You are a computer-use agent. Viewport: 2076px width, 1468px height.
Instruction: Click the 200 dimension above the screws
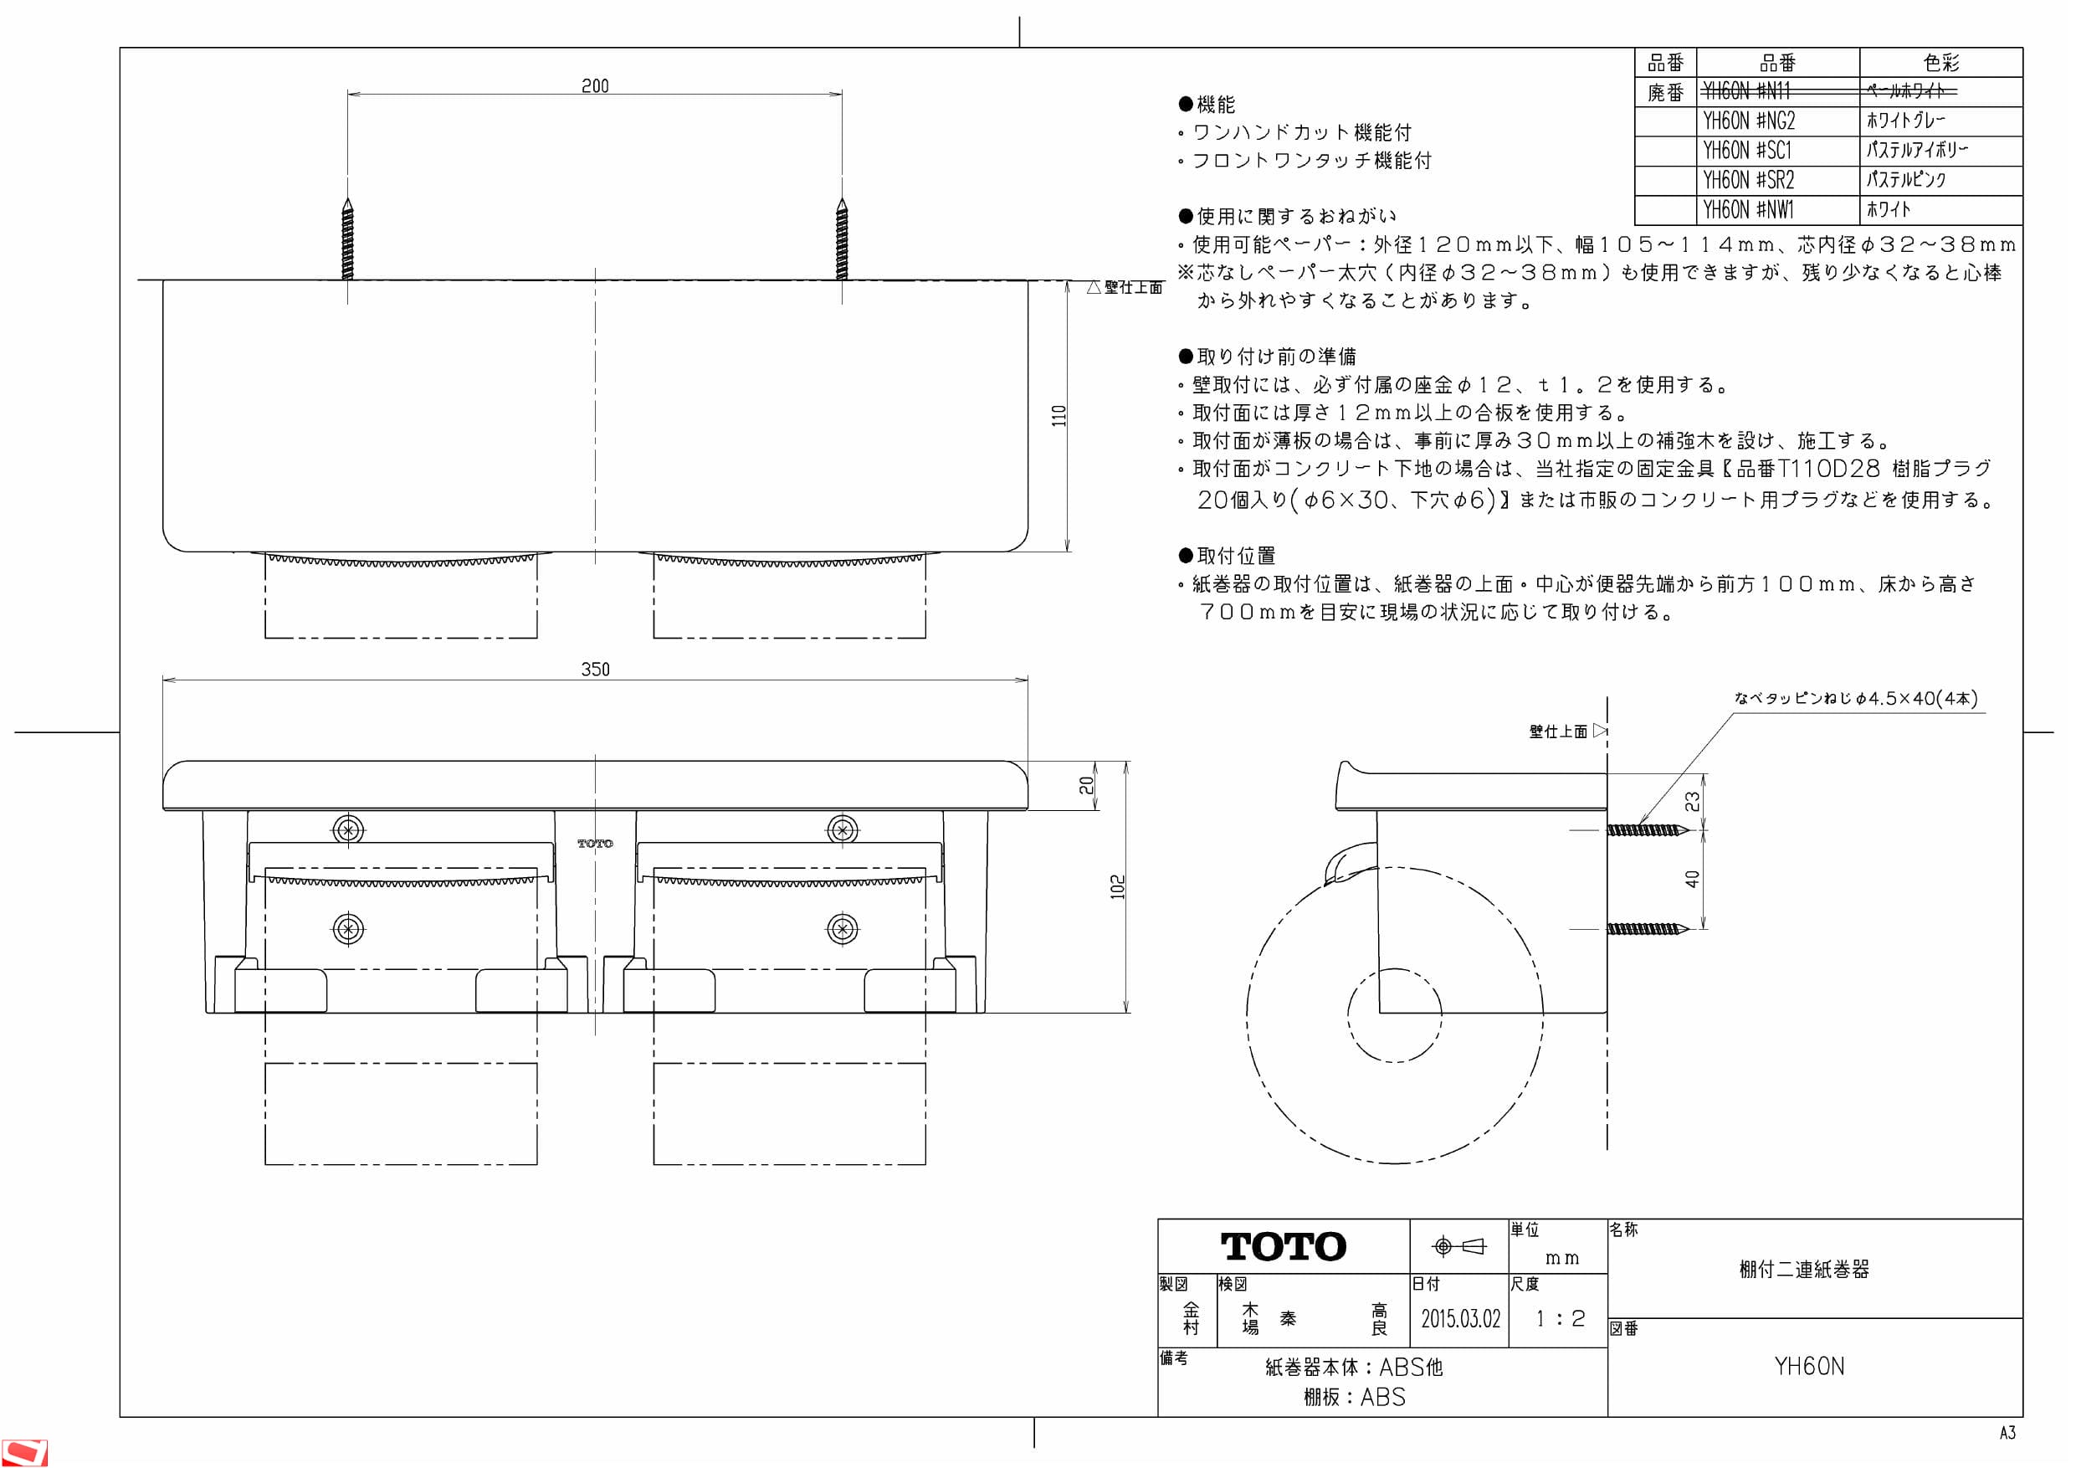pyautogui.click(x=595, y=86)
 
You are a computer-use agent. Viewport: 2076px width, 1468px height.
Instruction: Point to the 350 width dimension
pyautogui.click(x=595, y=670)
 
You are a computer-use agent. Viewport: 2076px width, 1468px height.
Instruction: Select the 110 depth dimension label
pyautogui.click(x=1059, y=416)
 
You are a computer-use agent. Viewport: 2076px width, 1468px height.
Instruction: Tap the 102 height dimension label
pyautogui.click(x=1118, y=886)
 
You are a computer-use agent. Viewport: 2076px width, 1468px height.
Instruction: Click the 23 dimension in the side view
pyautogui.click(x=1692, y=802)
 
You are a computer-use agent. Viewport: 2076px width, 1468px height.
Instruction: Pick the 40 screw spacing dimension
pyautogui.click(x=1692, y=878)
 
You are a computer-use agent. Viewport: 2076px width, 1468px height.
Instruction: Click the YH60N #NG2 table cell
pyautogui.click(x=1749, y=121)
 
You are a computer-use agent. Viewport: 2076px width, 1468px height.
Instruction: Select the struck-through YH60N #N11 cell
pyautogui.click(x=1746, y=90)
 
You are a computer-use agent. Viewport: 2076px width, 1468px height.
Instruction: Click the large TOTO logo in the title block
pyautogui.click(x=1283, y=1246)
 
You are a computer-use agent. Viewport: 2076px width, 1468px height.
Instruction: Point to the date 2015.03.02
pyautogui.click(x=1459, y=1318)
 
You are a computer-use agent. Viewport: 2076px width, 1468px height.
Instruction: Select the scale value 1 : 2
pyautogui.click(x=1560, y=1318)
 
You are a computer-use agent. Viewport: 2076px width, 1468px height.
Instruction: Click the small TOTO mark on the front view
pyautogui.click(x=595, y=843)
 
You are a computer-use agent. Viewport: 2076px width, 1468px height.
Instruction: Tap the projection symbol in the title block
pyautogui.click(x=1459, y=1246)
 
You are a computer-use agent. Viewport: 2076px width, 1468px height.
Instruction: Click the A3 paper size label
pyautogui.click(x=2007, y=1433)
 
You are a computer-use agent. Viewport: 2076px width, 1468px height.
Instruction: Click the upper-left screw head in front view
pyautogui.click(x=348, y=829)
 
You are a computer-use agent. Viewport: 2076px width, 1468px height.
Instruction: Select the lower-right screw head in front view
pyautogui.click(x=842, y=929)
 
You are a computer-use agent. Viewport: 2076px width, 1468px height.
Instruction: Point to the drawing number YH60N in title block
pyautogui.click(x=1808, y=1366)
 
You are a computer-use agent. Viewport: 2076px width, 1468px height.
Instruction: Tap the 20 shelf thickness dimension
pyautogui.click(x=1086, y=785)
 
